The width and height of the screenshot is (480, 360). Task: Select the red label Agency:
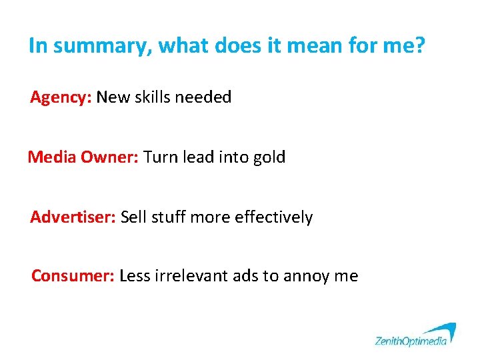pyautogui.click(x=61, y=97)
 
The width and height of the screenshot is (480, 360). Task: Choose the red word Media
pyautogui.click(x=53, y=157)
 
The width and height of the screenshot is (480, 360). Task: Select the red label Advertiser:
pyautogui.click(x=73, y=217)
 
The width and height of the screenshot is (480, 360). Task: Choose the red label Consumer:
pyautogui.click(x=73, y=276)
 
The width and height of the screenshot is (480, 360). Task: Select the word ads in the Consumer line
pyautogui.click(x=246, y=276)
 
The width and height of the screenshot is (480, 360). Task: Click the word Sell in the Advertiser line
pyautogui.click(x=133, y=217)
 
